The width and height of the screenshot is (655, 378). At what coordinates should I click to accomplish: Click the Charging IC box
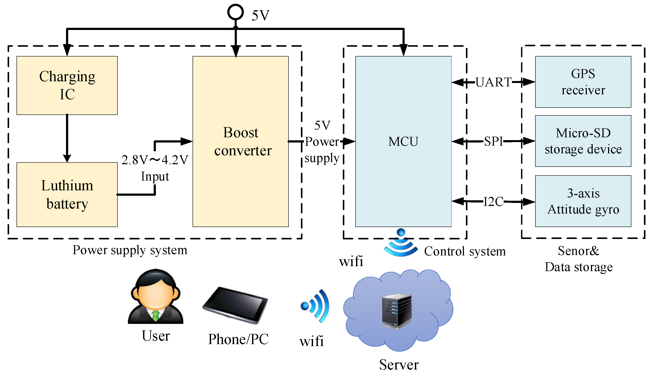tap(67, 85)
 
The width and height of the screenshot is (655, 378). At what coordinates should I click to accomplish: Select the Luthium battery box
tap(67, 194)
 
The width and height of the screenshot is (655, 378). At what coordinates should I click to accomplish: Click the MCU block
tap(403, 141)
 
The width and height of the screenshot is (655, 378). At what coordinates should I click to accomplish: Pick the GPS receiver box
tap(583, 82)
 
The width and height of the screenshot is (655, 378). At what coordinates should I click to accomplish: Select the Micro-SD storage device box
tap(583, 141)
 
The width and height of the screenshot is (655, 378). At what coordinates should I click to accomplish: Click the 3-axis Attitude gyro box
tap(583, 201)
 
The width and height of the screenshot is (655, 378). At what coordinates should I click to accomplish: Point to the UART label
tap(493, 82)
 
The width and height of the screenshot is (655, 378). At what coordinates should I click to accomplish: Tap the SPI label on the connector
tap(493, 141)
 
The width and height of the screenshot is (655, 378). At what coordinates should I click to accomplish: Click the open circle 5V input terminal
tap(235, 12)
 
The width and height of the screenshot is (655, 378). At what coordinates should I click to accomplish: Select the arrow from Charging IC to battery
tap(67, 138)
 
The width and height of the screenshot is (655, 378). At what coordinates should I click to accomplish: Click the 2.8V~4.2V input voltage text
tap(155, 160)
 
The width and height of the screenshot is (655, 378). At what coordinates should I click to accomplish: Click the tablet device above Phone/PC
tap(235, 305)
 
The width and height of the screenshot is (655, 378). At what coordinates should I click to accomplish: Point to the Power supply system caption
tap(130, 250)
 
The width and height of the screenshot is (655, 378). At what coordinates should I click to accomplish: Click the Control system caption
tap(465, 251)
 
